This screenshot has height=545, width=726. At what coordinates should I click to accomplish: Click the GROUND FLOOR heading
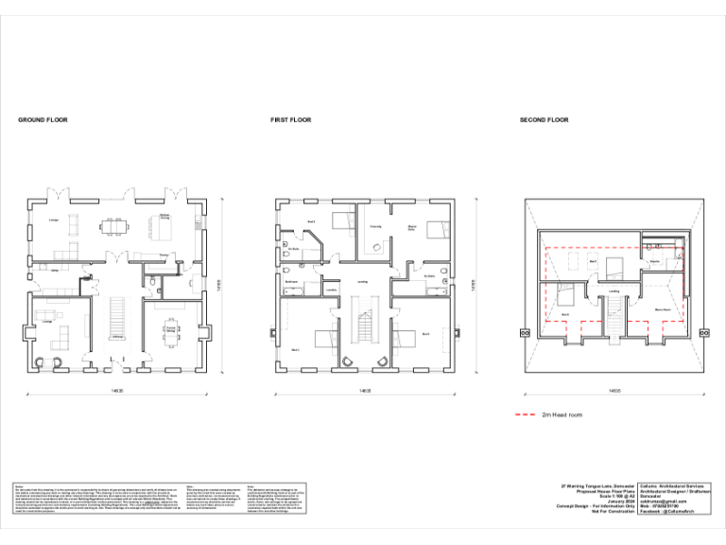pyautogui.click(x=43, y=120)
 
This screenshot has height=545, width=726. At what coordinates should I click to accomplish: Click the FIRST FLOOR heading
pyautogui.click(x=290, y=120)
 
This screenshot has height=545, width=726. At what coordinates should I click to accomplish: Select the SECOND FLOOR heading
pyautogui.click(x=544, y=120)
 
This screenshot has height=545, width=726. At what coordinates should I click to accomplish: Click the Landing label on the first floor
pyautogui.click(x=362, y=282)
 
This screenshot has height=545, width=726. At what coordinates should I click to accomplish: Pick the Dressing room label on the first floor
pyautogui.click(x=375, y=227)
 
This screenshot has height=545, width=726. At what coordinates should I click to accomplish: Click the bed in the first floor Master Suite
pyautogui.click(x=436, y=228)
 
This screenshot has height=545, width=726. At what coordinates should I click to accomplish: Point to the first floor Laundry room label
pyautogui.click(x=332, y=290)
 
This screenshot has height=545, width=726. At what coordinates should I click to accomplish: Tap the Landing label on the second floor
pyautogui.click(x=614, y=290)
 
